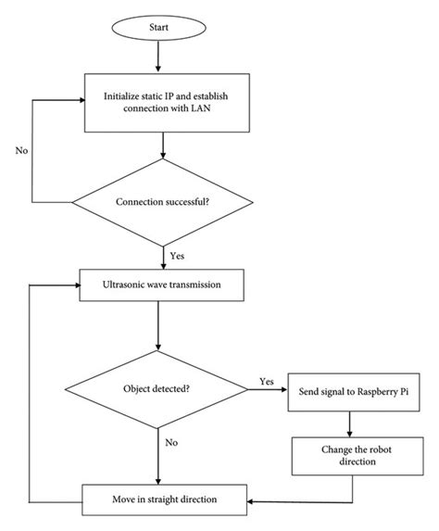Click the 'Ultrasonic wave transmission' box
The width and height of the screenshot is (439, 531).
tap(162, 285)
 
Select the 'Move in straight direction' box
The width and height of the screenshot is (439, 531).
tap(162, 500)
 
